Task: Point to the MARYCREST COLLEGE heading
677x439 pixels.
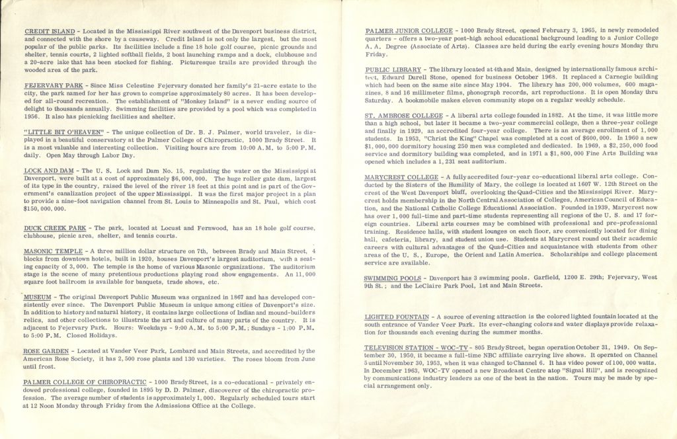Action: [x=401, y=178]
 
